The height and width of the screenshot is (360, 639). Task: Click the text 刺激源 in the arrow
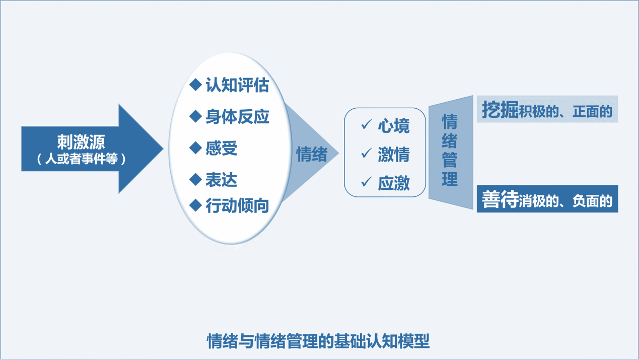click(81, 142)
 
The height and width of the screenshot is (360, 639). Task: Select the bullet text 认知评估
click(237, 85)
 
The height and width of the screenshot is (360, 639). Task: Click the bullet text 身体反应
click(237, 117)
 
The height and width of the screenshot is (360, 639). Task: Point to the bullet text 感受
click(221, 148)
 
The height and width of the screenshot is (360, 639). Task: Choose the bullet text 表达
click(221, 180)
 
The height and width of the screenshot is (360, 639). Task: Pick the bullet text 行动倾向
click(237, 205)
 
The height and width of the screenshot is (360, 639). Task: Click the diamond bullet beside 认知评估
click(195, 85)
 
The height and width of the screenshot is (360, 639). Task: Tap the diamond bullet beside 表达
click(195, 179)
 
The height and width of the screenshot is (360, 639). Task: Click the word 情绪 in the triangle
click(312, 154)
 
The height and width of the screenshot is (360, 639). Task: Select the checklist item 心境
click(394, 126)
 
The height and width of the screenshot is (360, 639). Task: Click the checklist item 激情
click(394, 155)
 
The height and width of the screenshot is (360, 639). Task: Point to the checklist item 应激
click(394, 183)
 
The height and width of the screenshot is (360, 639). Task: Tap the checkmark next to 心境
click(367, 124)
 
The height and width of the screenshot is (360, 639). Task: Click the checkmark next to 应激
click(367, 182)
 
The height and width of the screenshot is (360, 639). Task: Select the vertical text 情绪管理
click(450, 150)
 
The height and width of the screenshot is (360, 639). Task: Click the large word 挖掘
click(500, 110)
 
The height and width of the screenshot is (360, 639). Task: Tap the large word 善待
click(500, 200)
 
